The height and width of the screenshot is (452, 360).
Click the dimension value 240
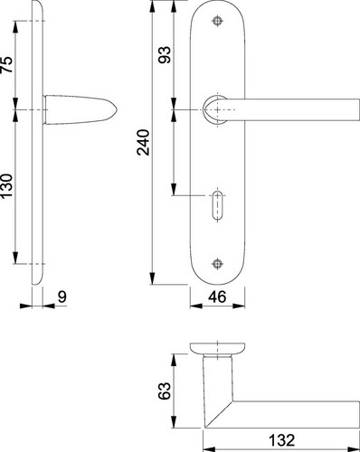(x=143, y=142)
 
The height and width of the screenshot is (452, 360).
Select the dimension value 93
(x=165, y=54)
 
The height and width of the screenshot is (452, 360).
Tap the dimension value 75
(x=7, y=64)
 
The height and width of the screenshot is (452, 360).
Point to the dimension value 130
(x=7, y=185)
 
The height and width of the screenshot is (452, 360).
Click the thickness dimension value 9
(x=62, y=297)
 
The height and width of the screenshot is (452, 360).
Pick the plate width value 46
(x=217, y=297)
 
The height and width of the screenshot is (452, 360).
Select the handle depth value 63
(x=165, y=391)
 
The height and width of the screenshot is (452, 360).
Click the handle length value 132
(x=281, y=440)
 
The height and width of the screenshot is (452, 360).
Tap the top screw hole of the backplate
(x=217, y=21)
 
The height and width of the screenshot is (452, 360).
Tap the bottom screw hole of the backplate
(x=217, y=264)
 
